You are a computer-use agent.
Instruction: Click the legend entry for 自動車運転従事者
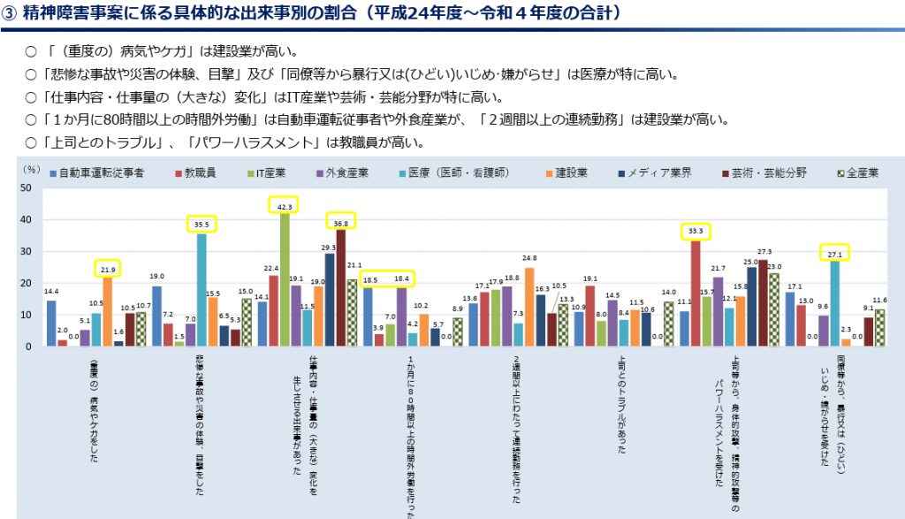tap(98, 172)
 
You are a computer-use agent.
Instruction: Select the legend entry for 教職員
tap(204, 172)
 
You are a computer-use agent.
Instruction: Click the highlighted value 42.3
tap(284, 205)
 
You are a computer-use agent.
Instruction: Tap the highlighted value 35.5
tap(202, 225)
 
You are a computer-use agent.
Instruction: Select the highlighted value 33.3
tap(696, 232)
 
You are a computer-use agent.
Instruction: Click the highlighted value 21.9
tap(108, 268)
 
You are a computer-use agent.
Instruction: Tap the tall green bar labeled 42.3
tap(285, 279)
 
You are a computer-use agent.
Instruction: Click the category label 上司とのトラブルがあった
tap(622, 407)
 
